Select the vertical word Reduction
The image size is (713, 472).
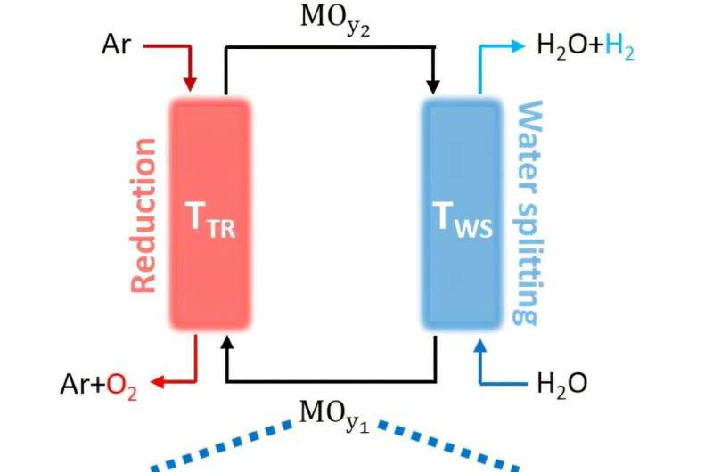(x=143, y=215)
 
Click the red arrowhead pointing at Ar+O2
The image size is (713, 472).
(x=157, y=383)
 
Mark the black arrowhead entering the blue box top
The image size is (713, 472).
(x=434, y=86)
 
